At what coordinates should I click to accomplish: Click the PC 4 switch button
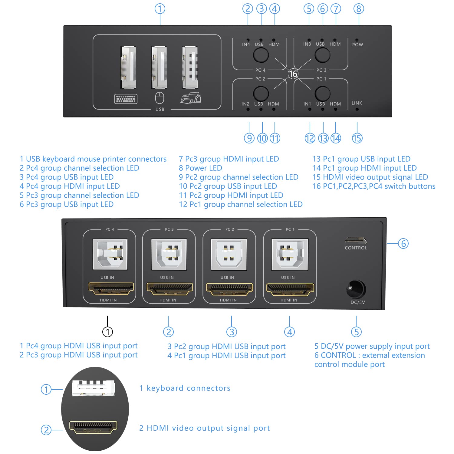pos(261,55)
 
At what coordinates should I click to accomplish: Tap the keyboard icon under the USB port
pos(126,99)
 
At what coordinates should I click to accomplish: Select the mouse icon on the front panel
pos(160,98)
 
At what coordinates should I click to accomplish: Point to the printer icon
pos(191,98)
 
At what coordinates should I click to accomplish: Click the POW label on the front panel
pos(357,45)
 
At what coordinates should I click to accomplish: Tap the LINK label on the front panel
pos(357,103)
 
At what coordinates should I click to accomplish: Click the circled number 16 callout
pos(293,74)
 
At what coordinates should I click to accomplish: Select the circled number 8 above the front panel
pos(359,9)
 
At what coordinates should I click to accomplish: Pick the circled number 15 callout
pos(357,138)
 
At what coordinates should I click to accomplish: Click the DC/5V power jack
pos(356,289)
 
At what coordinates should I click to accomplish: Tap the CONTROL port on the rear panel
pos(356,241)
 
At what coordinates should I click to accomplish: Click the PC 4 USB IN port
pos(110,254)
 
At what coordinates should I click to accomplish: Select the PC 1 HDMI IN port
pos(290,289)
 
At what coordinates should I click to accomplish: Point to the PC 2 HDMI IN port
pos(229,289)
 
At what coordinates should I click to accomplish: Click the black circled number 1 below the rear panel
pos(107,332)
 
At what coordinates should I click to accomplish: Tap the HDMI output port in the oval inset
pos(93,427)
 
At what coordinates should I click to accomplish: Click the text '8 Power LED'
pos(200,168)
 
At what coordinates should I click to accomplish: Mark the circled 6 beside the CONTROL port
pos(403,243)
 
